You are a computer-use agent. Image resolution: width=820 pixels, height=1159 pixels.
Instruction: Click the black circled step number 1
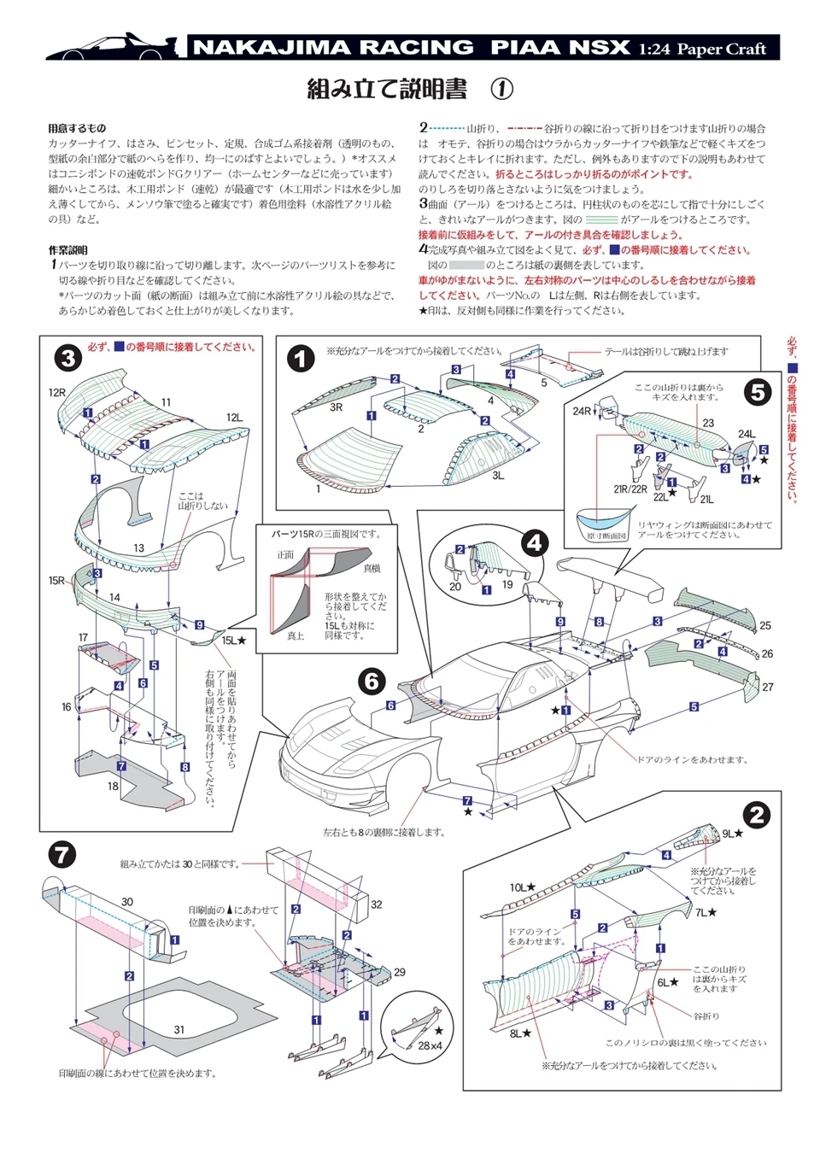(301, 358)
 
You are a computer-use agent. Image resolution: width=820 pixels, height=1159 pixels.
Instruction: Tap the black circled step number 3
(68, 358)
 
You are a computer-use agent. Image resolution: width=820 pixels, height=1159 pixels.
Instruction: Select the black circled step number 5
(757, 392)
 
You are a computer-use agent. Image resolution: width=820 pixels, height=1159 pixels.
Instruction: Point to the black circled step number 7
(62, 854)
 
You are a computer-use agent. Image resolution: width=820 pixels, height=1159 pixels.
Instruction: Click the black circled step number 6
(372, 681)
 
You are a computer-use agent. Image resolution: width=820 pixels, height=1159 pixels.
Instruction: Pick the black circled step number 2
(757, 814)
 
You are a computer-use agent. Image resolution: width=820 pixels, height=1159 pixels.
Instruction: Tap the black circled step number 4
(536, 542)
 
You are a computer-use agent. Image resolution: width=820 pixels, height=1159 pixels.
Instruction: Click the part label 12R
(56, 393)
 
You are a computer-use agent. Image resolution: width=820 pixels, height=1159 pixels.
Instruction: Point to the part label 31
(179, 1029)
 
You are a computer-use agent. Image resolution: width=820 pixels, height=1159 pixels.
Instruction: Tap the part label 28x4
(430, 1045)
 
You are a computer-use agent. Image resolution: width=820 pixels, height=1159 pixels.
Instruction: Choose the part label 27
(767, 687)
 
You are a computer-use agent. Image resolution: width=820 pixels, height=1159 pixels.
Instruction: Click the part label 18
(113, 786)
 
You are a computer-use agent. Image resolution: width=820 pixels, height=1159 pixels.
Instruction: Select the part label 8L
(517, 1033)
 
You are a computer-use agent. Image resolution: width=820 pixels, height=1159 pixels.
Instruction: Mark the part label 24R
(582, 411)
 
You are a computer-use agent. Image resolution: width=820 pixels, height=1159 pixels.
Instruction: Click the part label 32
(376, 904)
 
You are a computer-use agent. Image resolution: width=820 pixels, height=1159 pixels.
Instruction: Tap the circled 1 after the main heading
(502, 89)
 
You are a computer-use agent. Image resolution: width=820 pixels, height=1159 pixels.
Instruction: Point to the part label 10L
(518, 887)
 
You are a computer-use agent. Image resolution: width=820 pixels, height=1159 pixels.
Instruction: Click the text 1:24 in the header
(654, 50)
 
